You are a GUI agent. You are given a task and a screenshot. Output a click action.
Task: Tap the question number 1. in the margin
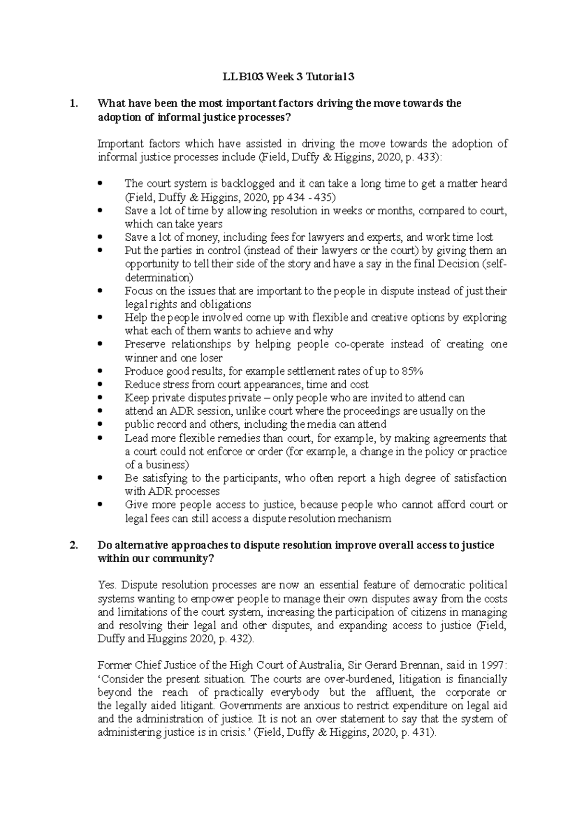tap(73, 103)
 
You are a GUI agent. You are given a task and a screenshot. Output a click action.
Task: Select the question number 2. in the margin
tap(73, 545)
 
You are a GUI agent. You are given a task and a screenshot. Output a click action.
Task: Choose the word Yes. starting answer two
tap(107, 585)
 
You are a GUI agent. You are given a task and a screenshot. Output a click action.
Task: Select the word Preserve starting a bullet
tap(145, 344)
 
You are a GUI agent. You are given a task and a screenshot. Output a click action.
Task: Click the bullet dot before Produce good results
tap(100, 371)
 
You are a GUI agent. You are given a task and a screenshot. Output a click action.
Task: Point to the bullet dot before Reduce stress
tap(100, 384)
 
